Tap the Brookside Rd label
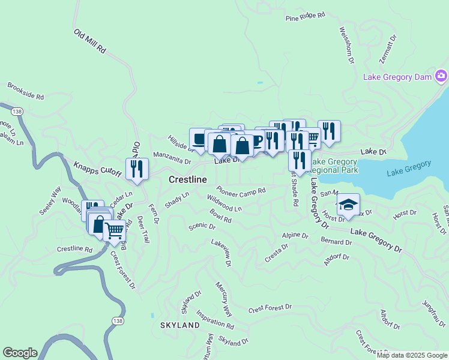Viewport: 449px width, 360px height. (26, 91)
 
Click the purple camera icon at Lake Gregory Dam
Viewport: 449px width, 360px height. (441, 76)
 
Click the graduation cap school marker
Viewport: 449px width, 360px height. (348, 205)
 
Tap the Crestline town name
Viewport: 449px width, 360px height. (188, 179)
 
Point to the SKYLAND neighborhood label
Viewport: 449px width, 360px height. (179, 325)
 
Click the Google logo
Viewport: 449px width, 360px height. (20, 353)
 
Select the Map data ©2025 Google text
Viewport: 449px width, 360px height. (412, 355)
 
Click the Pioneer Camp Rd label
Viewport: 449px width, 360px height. (241, 190)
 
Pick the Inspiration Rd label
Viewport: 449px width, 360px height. (215, 322)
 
